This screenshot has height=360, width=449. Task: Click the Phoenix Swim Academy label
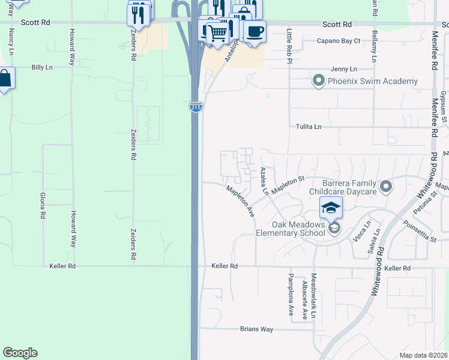pyautogui.click(x=373, y=81)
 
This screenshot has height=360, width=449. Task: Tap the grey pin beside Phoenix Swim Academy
pyautogui.click(x=319, y=80)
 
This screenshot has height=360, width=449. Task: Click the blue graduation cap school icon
pyautogui.click(x=331, y=208)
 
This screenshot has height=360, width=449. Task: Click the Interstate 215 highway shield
pyautogui.click(x=196, y=107)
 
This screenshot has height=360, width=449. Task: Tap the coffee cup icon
pyautogui.click(x=255, y=31)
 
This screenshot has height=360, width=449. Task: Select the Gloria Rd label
pyautogui.click(x=43, y=206)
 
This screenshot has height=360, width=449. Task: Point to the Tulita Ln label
pyautogui.click(x=309, y=127)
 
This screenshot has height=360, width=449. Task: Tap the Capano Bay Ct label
pyautogui.click(x=339, y=41)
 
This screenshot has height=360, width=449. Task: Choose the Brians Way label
pyautogui.click(x=256, y=329)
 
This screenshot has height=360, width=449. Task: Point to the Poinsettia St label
pyautogui.click(x=420, y=232)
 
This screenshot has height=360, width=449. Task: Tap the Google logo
pyautogui.click(x=20, y=353)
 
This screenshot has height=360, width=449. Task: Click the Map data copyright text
pyautogui.click(x=423, y=355)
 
